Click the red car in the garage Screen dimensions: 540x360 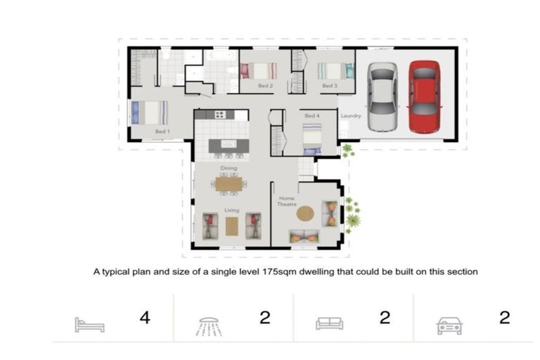click(x=424, y=97)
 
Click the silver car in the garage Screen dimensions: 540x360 click(x=382, y=97)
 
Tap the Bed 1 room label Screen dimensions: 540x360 click(x=162, y=131)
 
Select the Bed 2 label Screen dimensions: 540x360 click(x=266, y=86)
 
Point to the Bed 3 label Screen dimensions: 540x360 click(x=330, y=86)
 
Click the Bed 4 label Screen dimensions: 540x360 click(x=312, y=116)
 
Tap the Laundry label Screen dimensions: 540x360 click(x=351, y=116)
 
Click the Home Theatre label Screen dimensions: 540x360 click(x=287, y=201)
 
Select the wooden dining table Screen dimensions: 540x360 click(x=229, y=184)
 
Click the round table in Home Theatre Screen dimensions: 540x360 click(x=305, y=214)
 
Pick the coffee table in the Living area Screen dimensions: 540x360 click(x=232, y=226)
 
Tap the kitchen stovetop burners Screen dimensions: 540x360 click(x=220, y=115)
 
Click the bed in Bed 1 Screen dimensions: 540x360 click(x=150, y=112)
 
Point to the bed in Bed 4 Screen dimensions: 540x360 click(x=312, y=139)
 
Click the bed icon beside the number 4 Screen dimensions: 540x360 click(x=89, y=325)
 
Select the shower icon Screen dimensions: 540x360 click(x=209, y=326)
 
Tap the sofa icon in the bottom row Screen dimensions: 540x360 click(x=330, y=323)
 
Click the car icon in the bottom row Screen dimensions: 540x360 click(x=449, y=326)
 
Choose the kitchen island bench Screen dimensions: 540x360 click(x=229, y=146)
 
